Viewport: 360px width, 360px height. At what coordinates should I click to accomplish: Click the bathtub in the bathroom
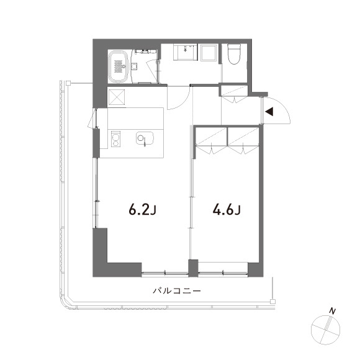click(x=119, y=65)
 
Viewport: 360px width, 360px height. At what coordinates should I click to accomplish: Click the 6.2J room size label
click(x=142, y=210)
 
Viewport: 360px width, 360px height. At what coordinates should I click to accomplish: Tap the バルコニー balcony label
click(x=177, y=290)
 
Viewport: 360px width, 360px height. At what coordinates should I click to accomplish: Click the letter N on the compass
click(x=333, y=310)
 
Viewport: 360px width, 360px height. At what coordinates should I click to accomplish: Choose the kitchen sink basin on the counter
click(x=143, y=138)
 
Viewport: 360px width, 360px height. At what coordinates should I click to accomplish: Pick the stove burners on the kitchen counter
click(x=114, y=139)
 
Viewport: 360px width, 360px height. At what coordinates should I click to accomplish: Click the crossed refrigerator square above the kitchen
click(x=117, y=97)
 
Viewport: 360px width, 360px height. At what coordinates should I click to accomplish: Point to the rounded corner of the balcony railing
click(x=65, y=300)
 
